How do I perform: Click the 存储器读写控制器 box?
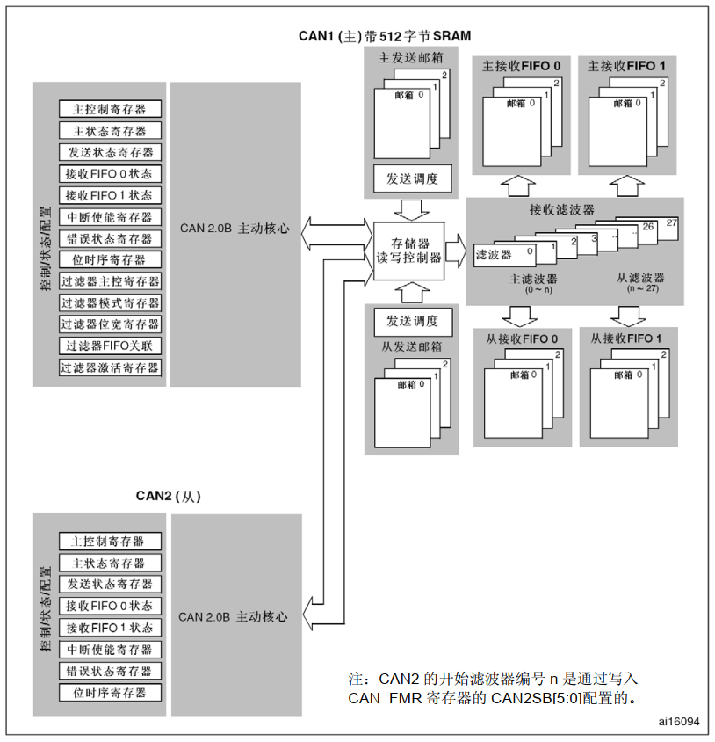[408, 251]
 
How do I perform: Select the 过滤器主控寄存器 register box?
[111, 281]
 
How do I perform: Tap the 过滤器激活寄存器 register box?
[111, 367]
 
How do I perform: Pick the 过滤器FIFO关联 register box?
[111, 346]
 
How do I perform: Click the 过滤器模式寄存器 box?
[111, 302]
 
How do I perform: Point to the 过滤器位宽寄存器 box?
[111, 324]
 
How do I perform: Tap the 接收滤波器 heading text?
[561, 210]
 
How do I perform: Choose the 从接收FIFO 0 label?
[522, 338]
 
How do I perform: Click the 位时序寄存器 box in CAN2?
[110, 692]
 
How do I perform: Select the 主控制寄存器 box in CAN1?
[111, 109]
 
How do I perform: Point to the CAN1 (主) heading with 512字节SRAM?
[385, 36]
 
